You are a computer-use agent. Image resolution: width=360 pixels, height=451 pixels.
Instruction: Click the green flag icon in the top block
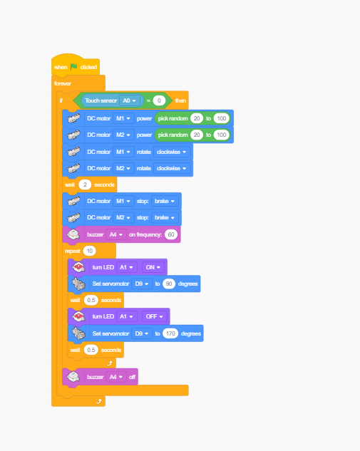coord(73,67)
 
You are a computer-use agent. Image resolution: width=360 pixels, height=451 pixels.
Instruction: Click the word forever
coord(63,83)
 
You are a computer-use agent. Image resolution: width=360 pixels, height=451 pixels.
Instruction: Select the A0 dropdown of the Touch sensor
coord(130,100)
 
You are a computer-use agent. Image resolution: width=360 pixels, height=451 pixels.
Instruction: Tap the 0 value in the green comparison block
coord(159,100)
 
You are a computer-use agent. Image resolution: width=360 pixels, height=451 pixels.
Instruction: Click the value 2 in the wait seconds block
coord(85,185)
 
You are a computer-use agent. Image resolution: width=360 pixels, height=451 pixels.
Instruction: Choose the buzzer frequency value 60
coord(171,234)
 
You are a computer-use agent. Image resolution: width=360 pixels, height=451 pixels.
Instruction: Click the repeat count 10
coord(90,251)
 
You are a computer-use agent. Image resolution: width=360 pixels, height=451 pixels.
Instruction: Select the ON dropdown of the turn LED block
coord(153,267)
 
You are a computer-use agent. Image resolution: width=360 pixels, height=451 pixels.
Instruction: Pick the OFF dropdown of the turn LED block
coord(154,316)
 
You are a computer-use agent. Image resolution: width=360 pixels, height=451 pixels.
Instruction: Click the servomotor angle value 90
coord(169,284)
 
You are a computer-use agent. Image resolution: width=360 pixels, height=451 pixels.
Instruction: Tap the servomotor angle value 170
coord(170,333)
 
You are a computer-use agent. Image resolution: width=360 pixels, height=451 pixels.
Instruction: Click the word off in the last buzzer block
coord(132,377)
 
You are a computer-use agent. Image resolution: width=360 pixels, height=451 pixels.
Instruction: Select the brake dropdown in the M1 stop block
coord(165,201)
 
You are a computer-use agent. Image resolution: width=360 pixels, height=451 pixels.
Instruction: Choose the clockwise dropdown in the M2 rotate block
coord(172,168)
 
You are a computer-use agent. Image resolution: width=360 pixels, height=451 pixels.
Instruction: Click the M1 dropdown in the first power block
coord(123,118)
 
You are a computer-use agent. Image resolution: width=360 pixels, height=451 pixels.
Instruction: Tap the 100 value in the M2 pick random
coord(221,135)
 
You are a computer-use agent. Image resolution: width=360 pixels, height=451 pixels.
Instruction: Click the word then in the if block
coord(180,100)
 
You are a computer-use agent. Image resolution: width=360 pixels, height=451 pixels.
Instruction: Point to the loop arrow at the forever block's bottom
coord(98,401)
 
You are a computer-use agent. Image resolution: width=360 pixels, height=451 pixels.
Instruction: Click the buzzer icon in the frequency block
coord(73,234)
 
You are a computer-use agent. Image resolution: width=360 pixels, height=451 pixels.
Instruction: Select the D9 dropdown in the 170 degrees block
coord(142,333)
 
